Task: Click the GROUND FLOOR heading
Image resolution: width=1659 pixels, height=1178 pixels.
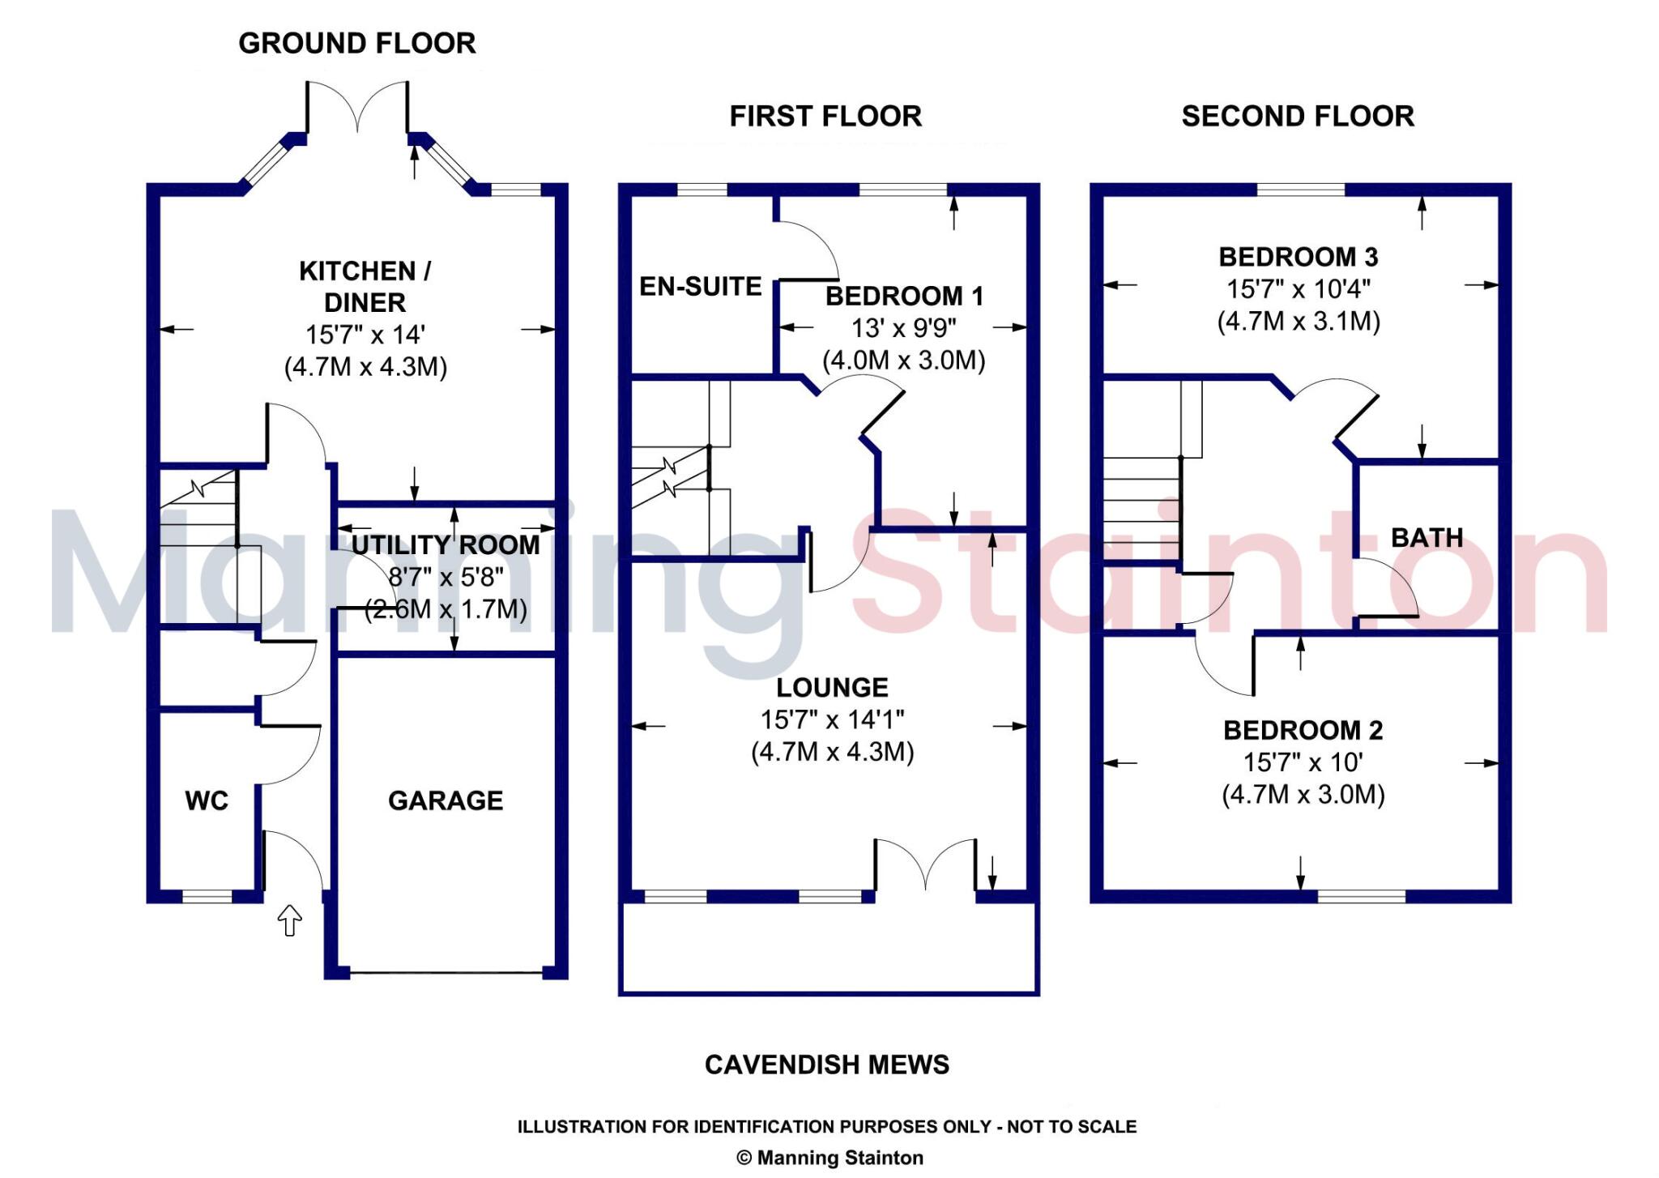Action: click(356, 43)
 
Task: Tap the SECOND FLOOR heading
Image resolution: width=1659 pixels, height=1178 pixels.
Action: click(1298, 116)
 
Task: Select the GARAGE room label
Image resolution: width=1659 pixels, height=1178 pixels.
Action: click(446, 800)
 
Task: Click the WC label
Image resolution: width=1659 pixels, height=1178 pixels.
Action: click(207, 800)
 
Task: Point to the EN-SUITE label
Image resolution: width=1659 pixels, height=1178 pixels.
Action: click(701, 286)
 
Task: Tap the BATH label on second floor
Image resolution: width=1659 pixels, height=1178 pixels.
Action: click(1427, 537)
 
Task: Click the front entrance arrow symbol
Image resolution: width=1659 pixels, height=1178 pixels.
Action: click(289, 920)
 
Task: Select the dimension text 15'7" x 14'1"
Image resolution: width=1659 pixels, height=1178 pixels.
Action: click(832, 719)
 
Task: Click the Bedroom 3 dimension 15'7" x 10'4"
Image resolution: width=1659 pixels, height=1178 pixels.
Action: click(1298, 288)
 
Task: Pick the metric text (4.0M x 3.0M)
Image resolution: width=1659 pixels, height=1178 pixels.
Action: click(904, 360)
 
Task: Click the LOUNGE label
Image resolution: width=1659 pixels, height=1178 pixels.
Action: click(832, 687)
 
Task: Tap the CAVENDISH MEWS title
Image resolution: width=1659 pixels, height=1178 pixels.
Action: click(826, 1064)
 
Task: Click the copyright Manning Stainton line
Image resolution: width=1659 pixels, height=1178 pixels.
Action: click(829, 1157)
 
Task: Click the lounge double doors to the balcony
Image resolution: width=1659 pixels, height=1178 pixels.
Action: click(925, 865)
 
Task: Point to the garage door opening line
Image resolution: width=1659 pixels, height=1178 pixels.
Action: click(446, 971)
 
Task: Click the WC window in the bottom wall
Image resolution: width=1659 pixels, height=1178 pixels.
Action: click(207, 896)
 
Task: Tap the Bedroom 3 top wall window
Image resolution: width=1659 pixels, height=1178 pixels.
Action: click(1300, 190)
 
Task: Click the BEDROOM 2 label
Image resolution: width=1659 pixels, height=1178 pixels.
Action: click(1303, 730)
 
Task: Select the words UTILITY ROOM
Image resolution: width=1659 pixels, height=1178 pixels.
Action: click(446, 544)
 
